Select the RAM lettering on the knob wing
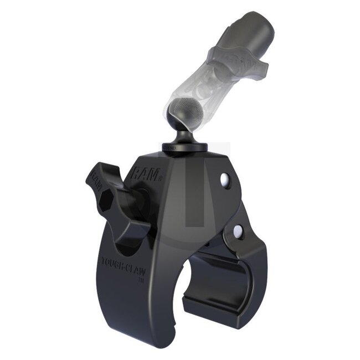(x=94, y=180)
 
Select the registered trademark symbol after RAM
(x=160, y=178)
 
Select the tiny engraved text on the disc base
(x=172, y=148)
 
